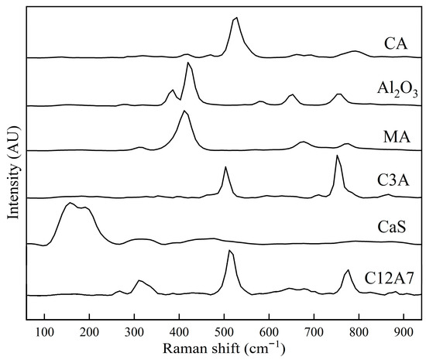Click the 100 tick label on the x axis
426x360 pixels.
tap(44, 327)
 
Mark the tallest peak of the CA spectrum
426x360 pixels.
tap(236, 18)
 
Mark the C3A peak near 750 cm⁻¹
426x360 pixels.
tap(337, 156)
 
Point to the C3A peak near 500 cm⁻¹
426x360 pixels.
tap(225, 167)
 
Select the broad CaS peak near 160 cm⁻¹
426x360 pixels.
tap(70, 204)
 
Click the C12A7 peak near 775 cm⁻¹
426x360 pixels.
tap(348, 270)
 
